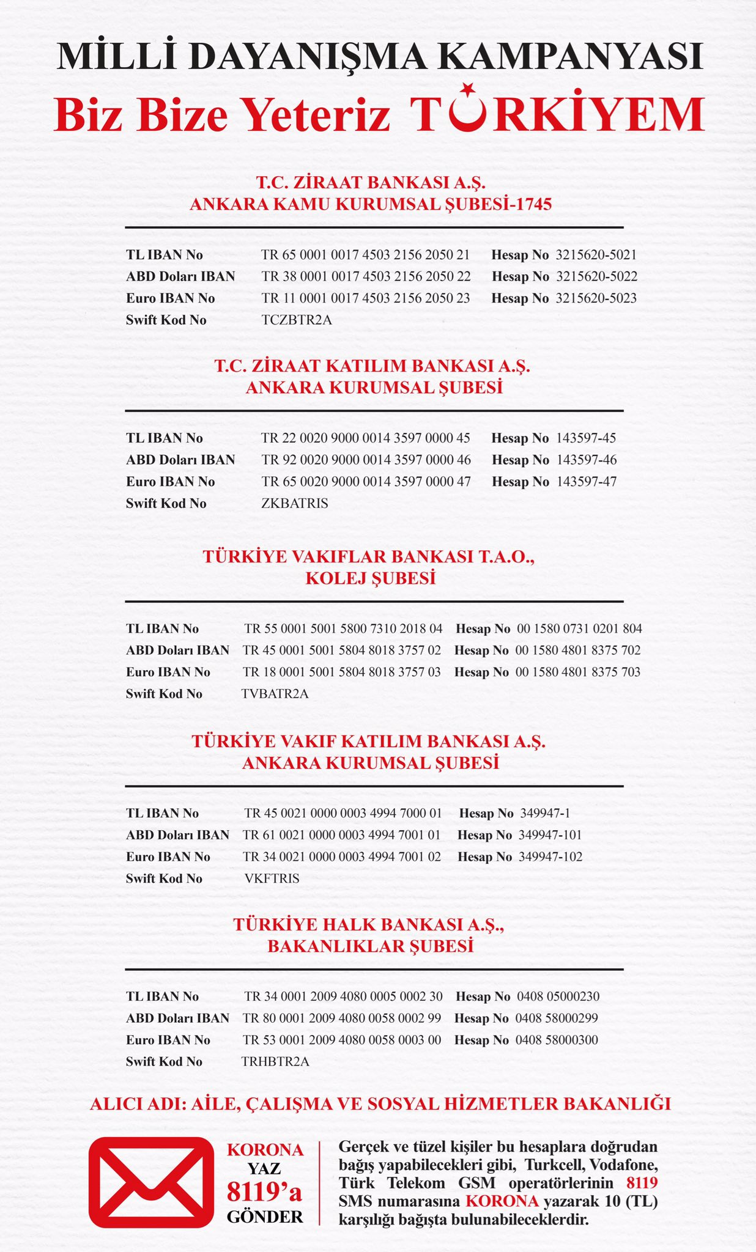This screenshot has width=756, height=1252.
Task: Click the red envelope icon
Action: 151,1182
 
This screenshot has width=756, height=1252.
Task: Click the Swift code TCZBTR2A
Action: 297,320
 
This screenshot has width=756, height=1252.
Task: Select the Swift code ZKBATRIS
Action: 295,503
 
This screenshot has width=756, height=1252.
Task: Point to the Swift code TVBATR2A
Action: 275,693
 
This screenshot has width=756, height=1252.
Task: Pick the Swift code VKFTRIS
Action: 272,878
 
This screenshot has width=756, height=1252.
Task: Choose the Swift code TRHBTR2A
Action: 275,1061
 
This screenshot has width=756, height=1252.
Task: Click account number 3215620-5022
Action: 596,276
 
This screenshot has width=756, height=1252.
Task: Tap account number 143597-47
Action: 587,482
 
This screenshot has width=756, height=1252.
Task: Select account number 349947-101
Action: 550,835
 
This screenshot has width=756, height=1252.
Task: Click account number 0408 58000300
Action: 557,1040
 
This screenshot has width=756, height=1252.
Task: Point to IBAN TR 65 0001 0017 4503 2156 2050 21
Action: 366,255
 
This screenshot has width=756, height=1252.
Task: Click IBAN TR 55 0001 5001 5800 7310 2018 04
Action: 343,628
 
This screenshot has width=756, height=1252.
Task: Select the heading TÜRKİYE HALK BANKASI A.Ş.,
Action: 369,924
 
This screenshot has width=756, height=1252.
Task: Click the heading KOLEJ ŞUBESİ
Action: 371,578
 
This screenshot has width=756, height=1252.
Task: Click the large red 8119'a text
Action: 264,1191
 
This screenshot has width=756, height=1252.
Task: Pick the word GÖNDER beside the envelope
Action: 265,1217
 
